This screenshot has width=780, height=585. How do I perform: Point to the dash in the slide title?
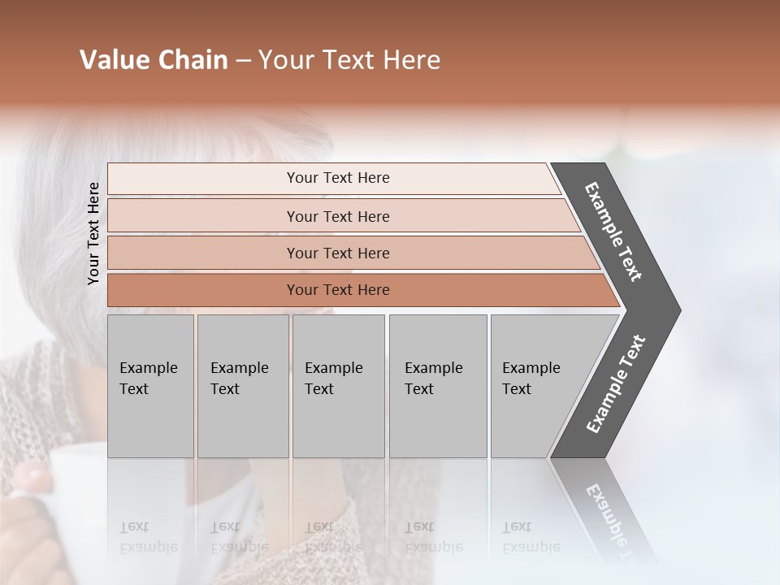click(x=243, y=61)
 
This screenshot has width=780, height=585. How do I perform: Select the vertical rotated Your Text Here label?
click(x=93, y=233)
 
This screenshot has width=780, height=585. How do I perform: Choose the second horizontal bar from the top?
click(x=338, y=216)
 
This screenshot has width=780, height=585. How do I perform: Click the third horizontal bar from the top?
click(x=338, y=253)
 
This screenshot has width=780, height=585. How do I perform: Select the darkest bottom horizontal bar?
click(x=338, y=290)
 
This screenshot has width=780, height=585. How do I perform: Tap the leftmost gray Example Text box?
click(x=150, y=386)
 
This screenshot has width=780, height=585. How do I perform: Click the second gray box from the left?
click(x=242, y=386)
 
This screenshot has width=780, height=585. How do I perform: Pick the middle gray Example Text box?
click(x=338, y=386)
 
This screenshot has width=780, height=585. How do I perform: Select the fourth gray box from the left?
click(x=438, y=386)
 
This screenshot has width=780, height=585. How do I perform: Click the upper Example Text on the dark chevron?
click(x=613, y=232)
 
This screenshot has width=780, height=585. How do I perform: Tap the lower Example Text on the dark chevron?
click(x=616, y=383)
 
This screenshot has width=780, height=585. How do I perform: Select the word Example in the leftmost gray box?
click(x=148, y=368)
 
